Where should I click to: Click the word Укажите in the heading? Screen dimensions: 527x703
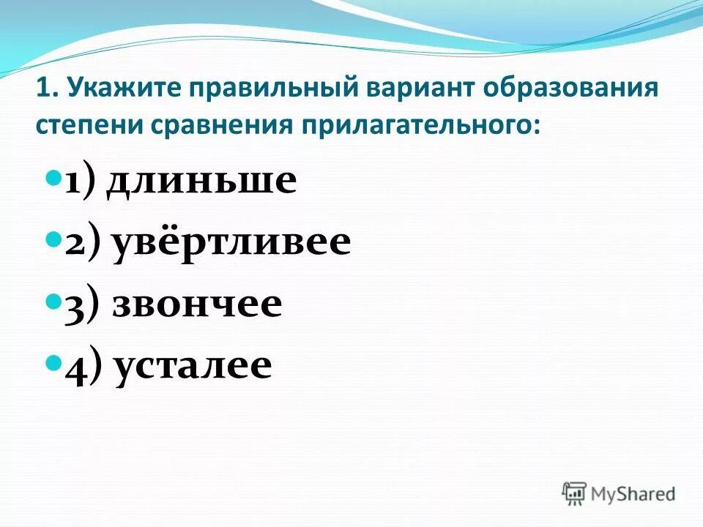coord(122,91)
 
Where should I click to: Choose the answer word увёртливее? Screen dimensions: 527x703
coord(231,243)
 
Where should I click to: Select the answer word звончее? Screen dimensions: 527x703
coord(197,303)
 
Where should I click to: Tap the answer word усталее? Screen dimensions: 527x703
coord(193,364)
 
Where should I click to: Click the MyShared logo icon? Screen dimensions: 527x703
coord(575,493)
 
